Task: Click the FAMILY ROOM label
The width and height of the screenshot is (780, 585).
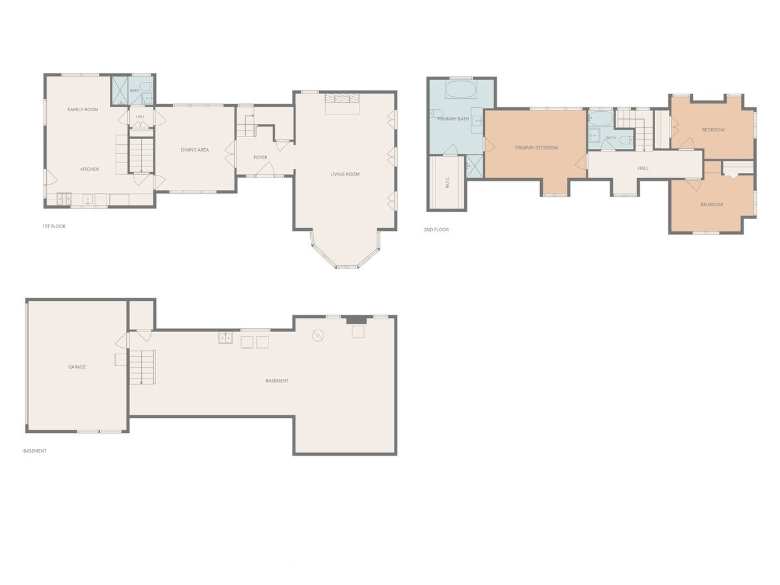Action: pyautogui.click(x=83, y=109)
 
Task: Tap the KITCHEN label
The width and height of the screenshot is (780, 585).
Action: pyautogui.click(x=89, y=169)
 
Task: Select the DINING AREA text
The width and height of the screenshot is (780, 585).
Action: pyautogui.click(x=195, y=150)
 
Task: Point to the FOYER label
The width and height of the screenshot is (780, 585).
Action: pyautogui.click(x=260, y=157)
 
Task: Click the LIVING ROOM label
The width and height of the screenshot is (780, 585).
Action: pyautogui.click(x=344, y=174)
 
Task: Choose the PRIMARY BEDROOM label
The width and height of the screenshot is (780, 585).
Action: pyautogui.click(x=536, y=148)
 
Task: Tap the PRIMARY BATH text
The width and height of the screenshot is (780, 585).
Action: pyautogui.click(x=452, y=119)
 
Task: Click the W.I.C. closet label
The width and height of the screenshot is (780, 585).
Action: pyautogui.click(x=447, y=183)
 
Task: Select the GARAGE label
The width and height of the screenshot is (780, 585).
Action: pyautogui.click(x=77, y=367)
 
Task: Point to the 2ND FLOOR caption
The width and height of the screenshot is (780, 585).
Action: pyautogui.click(x=436, y=230)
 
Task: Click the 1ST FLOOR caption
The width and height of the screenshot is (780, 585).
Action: pyautogui.click(x=54, y=226)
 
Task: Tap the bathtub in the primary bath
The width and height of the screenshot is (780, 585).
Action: pyautogui.click(x=461, y=89)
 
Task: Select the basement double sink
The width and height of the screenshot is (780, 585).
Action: pyautogui.click(x=226, y=337)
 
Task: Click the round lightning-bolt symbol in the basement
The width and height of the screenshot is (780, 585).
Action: pyautogui.click(x=318, y=335)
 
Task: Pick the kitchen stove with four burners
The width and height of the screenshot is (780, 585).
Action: pyautogui.click(x=64, y=199)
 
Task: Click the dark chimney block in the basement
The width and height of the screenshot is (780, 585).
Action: pyautogui.click(x=356, y=320)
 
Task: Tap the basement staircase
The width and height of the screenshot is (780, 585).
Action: pyautogui.click(x=142, y=367)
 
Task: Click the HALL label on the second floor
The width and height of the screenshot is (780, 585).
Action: pyautogui.click(x=643, y=168)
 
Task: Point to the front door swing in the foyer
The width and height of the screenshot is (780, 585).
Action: pyautogui.click(x=265, y=169)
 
